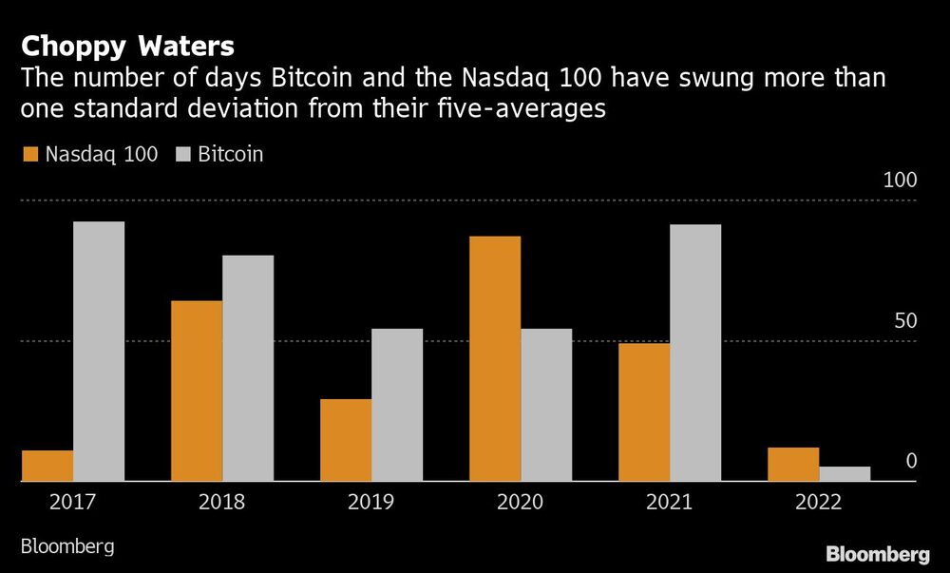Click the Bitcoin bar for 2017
(x=99, y=352)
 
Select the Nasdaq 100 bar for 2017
(x=47, y=466)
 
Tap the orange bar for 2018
(x=197, y=392)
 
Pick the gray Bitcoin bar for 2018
(x=248, y=369)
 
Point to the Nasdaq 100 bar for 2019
(x=346, y=440)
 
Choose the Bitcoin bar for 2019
(x=397, y=405)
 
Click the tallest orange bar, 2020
(x=495, y=359)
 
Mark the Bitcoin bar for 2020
(x=546, y=405)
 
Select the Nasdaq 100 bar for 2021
(x=644, y=412)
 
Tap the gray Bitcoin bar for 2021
(x=695, y=353)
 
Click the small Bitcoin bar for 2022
(x=845, y=474)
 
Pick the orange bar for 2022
(x=793, y=465)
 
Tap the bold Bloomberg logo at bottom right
(x=877, y=554)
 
